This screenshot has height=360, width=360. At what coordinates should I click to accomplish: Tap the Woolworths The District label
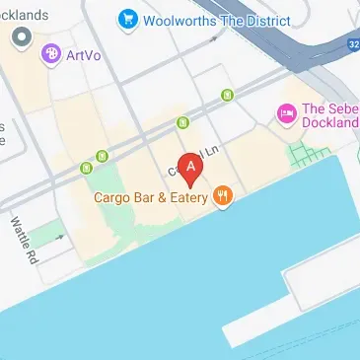pos(217,19)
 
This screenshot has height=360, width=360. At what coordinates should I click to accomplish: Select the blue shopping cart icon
pos(127,19)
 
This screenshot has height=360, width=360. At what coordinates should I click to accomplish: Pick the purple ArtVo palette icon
pos(49,55)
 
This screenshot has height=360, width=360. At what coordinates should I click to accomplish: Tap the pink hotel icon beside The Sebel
pos(287,114)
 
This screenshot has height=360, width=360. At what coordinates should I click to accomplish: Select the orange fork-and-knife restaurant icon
pos(224,196)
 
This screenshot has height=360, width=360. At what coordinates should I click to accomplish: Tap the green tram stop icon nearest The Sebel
pos(228,95)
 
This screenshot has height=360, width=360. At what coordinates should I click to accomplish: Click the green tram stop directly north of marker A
pos(182,122)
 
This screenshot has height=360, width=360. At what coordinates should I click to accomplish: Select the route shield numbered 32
pos(352,44)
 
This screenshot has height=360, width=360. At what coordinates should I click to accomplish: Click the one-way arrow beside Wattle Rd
pos(59,237)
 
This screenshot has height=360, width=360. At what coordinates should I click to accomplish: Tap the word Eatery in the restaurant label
pos(191,197)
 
